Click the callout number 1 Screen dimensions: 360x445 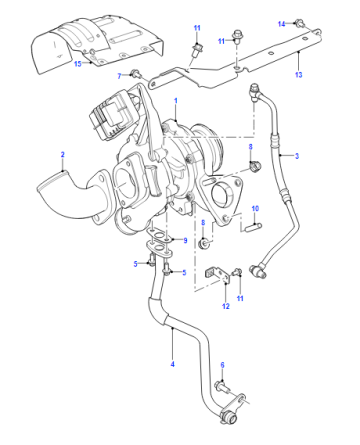pyautogui.click(x=176, y=101)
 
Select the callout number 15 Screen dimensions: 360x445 pyautogui.click(x=78, y=63)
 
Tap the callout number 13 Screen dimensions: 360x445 pyautogui.click(x=298, y=75)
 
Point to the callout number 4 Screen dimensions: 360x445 pyautogui.click(x=172, y=364)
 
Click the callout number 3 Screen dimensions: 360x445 pyautogui.click(x=297, y=156)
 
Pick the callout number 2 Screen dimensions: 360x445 pyautogui.click(x=62, y=155)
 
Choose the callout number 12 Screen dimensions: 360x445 pyautogui.click(x=226, y=306)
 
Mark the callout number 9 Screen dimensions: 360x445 pyautogui.click(x=185, y=240)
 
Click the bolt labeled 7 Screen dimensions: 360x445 pyautogui.click(x=135, y=73)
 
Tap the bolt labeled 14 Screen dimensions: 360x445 pyautogui.click(x=299, y=23)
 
